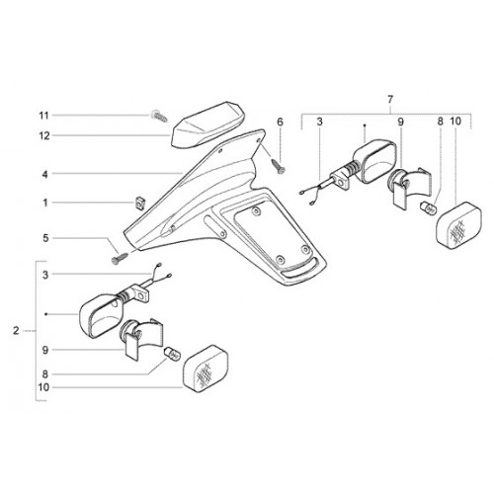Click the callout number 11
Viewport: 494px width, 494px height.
(x=43, y=116)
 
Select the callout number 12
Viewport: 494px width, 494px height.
(x=44, y=135)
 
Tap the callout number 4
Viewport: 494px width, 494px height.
(x=45, y=174)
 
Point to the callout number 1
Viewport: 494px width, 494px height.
(x=45, y=203)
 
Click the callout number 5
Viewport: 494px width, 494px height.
(x=45, y=238)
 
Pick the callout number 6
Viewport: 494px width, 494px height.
(x=280, y=122)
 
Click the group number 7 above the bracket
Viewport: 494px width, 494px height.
(x=390, y=99)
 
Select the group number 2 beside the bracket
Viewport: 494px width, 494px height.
(x=16, y=330)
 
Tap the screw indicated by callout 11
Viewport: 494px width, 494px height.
(x=159, y=116)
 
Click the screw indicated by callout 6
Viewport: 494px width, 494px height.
(x=279, y=166)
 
